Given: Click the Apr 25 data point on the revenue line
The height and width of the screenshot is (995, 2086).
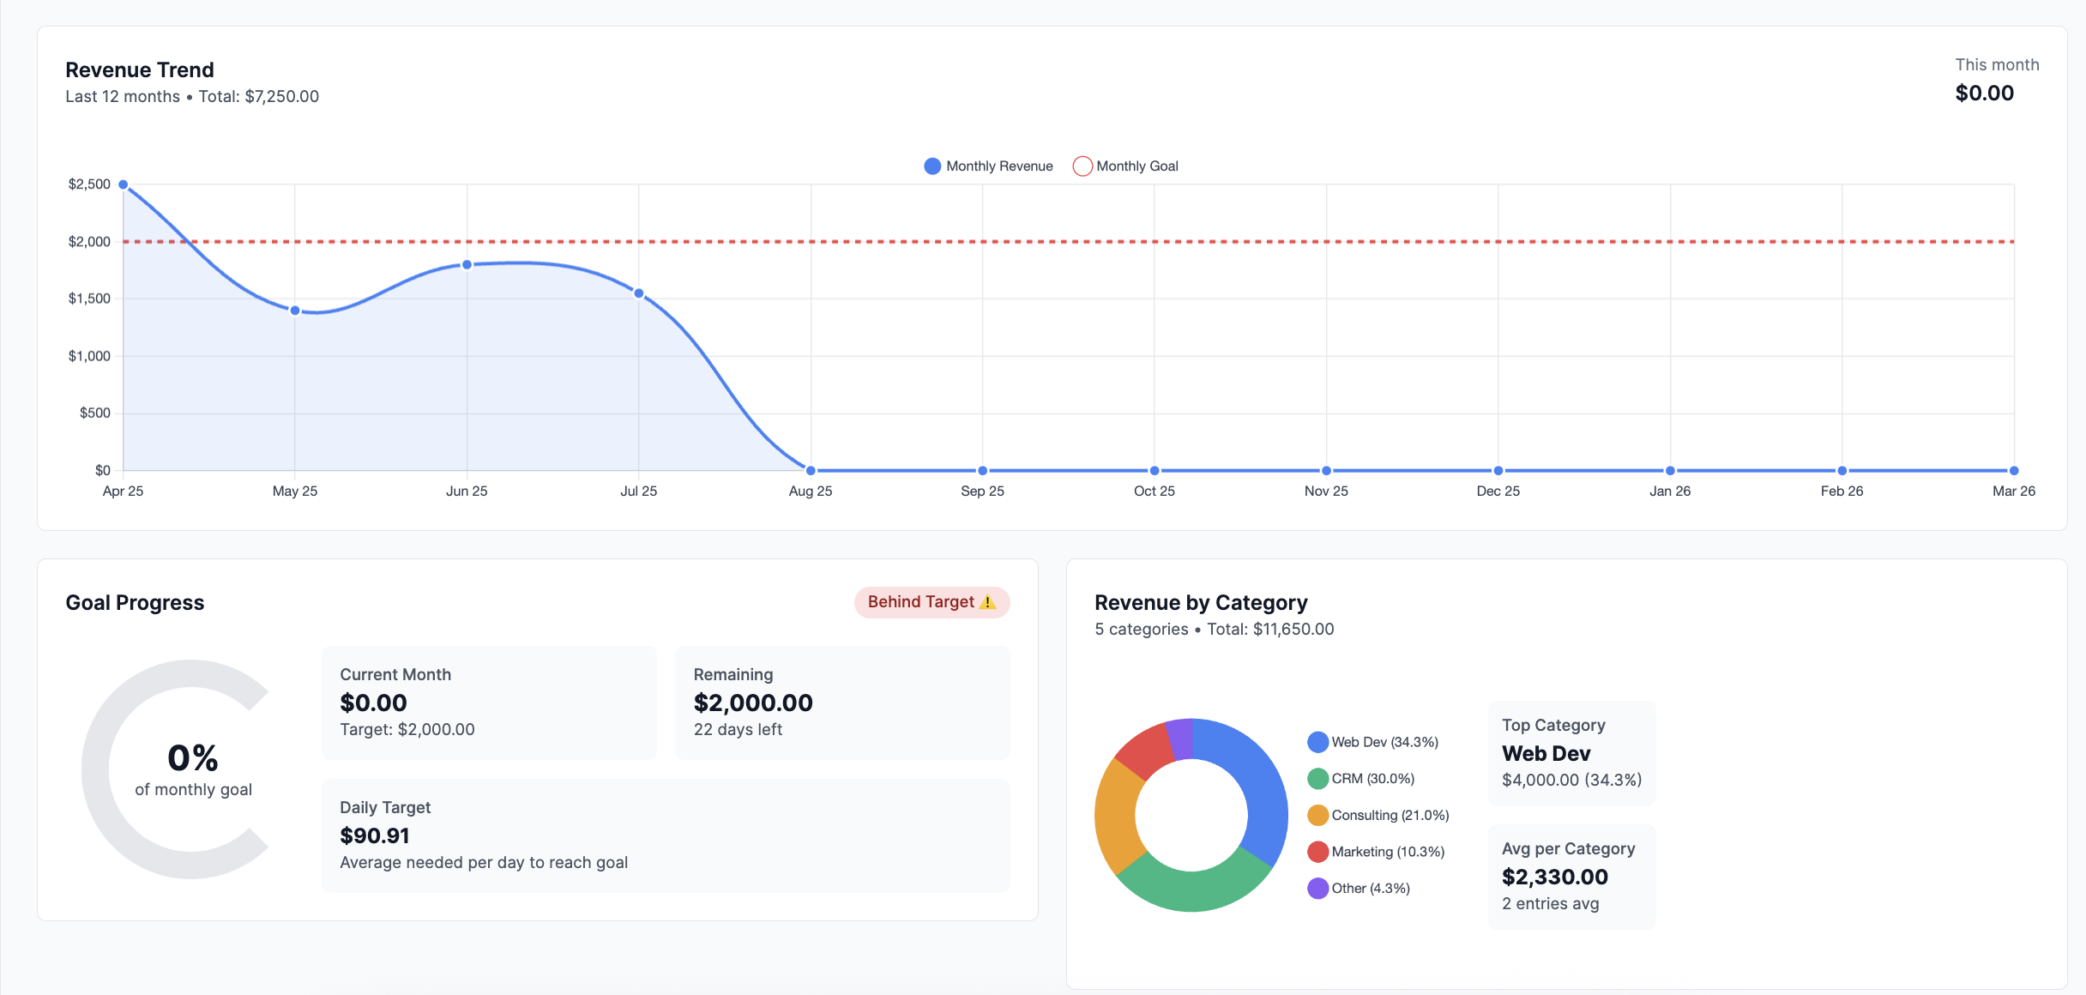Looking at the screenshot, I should (124, 184).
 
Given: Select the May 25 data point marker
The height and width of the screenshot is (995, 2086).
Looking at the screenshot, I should (295, 311).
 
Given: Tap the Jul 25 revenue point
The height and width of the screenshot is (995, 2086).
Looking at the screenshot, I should (639, 293).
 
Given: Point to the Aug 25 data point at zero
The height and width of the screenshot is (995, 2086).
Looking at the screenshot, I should (811, 470).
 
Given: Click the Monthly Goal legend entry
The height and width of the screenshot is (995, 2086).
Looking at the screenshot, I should (1125, 166).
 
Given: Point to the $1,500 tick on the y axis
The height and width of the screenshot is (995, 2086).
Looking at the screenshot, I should (89, 298).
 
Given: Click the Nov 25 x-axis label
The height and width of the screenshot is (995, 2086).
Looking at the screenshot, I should (1326, 491).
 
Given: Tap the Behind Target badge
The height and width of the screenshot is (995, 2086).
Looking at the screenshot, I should (931, 602).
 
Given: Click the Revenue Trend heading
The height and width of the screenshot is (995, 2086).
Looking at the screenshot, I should (140, 69).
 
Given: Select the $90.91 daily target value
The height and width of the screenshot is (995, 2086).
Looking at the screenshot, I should (375, 835).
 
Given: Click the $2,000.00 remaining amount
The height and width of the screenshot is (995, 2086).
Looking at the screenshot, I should (753, 703).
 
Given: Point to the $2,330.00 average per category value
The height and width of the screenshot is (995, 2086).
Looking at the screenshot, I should (1554, 877).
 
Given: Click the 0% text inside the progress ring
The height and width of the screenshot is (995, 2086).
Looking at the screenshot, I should (193, 758).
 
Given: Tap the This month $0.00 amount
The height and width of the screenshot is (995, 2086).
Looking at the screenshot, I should (1984, 93).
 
